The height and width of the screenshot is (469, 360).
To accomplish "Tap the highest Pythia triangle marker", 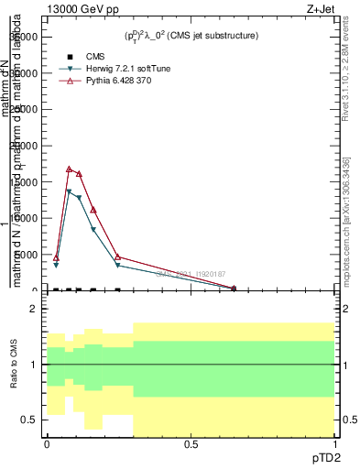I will [69, 169].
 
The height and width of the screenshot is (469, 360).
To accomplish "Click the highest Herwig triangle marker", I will [69, 191].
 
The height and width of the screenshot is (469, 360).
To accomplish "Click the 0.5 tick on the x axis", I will [191, 444].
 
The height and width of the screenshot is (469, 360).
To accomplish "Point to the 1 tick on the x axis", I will [334, 444].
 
